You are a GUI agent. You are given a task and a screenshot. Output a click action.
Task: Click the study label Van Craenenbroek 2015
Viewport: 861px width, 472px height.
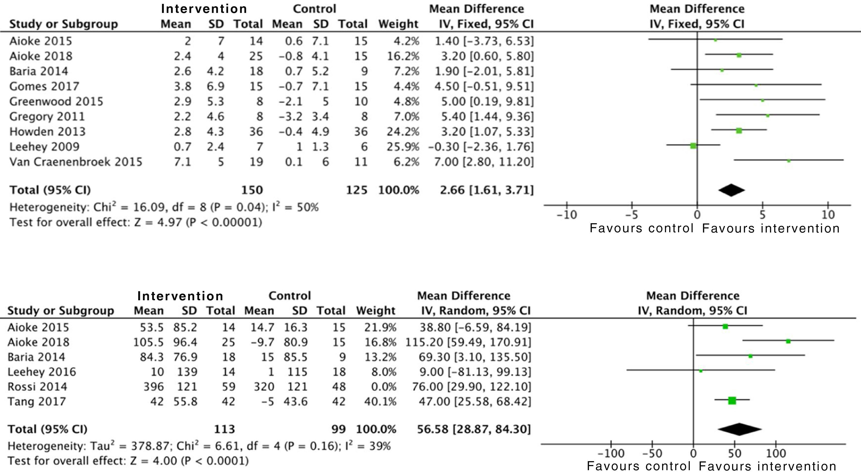pyautogui.click(x=76, y=162)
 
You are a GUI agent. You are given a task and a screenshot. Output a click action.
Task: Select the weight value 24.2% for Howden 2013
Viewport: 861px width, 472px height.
pyautogui.click(x=403, y=131)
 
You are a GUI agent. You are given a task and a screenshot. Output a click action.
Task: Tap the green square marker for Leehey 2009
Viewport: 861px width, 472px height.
pyautogui.click(x=693, y=146)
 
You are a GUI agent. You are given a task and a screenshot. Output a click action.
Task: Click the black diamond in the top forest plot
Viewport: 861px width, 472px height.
pyautogui.click(x=731, y=190)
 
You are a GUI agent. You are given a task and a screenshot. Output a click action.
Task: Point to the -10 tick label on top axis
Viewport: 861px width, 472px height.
pyautogui.click(x=567, y=214)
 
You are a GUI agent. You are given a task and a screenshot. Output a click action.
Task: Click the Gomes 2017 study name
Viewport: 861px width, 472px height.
pyautogui.click(x=44, y=86)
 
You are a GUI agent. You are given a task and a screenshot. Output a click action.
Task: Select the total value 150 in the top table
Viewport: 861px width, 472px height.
pyautogui.click(x=252, y=190)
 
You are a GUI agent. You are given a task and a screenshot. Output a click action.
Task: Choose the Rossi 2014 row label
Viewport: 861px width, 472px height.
pyautogui.click(x=37, y=387)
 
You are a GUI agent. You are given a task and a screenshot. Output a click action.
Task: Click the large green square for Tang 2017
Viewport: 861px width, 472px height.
pyautogui.click(x=732, y=400)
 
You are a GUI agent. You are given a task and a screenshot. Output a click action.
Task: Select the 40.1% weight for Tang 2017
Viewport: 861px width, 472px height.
pyautogui.click(x=380, y=401)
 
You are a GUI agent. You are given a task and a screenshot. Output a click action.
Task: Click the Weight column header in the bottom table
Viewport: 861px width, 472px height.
pyautogui.click(x=376, y=311)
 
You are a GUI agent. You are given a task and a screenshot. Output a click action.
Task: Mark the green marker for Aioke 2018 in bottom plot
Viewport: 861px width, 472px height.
pyautogui.click(x=788, y=341)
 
